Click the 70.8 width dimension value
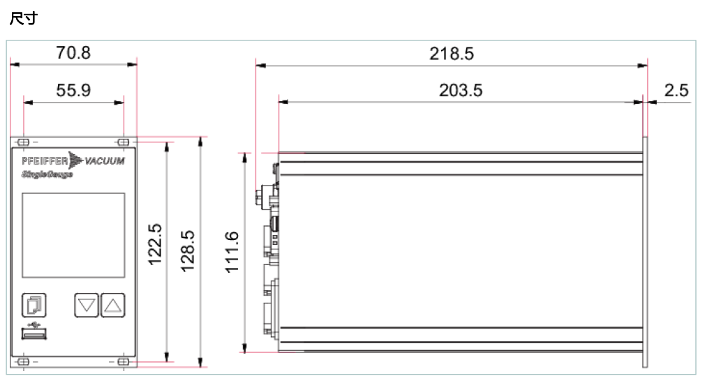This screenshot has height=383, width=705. [73, 53]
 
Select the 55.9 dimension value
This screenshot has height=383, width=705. [73, 91]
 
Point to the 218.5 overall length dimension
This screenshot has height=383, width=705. [451, 54]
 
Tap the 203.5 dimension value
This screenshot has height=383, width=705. [460, 91]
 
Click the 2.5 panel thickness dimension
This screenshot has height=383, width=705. [676, 91]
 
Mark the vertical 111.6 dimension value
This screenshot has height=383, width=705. [232, 252]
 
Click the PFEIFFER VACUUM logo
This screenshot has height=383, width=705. [73, 161]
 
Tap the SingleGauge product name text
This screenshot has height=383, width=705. [47, 174]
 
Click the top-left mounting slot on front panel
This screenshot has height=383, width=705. [23, 142]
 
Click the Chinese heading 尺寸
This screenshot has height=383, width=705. [22, 19]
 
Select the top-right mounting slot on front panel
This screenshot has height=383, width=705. [124, 142]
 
